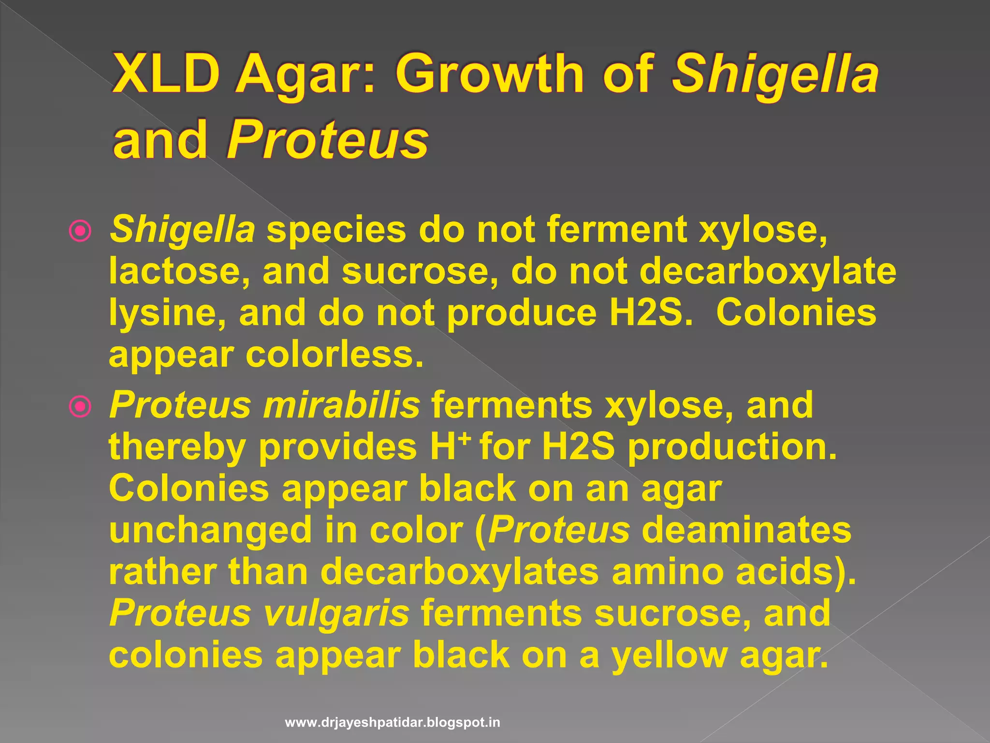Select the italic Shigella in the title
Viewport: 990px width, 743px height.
click(x=775, y=74)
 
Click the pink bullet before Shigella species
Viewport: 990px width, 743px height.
click(x=80, y=231)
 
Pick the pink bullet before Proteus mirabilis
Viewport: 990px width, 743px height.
click(x=80, y=407)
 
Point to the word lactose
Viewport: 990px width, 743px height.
click(x=179, y=271)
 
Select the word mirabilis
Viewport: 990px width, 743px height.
click(x=341, y=405)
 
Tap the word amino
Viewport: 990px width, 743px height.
click(x=667, y=572)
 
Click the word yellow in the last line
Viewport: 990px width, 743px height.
click(x=670, y=655)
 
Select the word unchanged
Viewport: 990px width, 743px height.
click(x=210, y=530)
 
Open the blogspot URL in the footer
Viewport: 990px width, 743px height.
click(x=393, y=723)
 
